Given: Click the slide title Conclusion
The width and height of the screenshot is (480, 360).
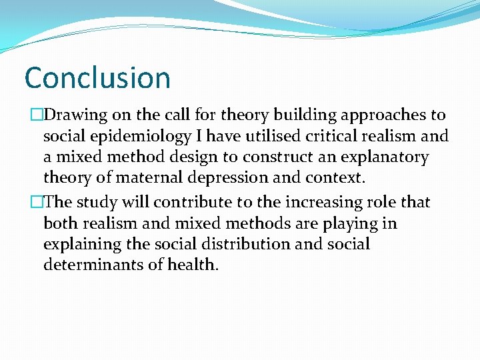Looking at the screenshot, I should (97, 78).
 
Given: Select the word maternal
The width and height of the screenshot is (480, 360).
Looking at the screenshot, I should (148, 179).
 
